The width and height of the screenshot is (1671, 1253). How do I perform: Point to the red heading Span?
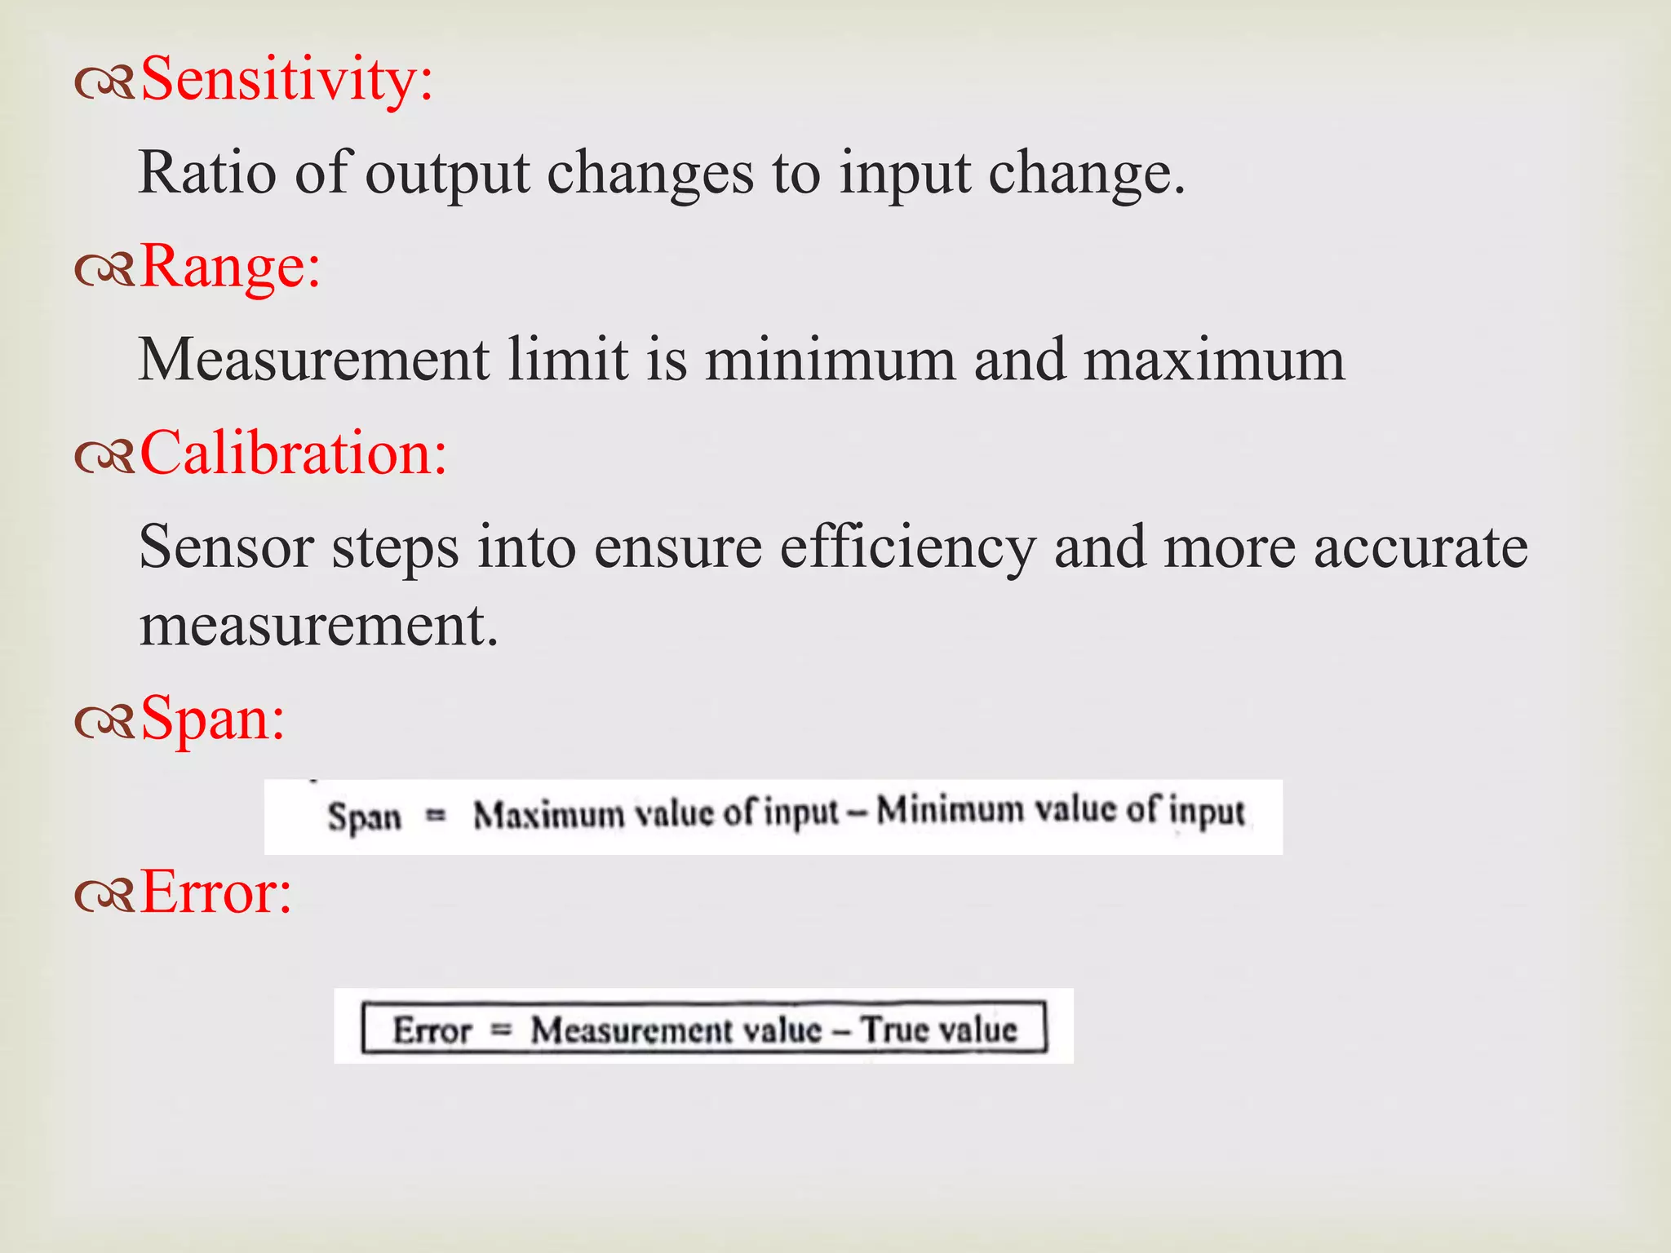pos(213,719)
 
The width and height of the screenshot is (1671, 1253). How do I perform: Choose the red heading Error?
pos(216,892)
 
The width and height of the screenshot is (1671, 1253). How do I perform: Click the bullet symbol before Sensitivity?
pos(104,85)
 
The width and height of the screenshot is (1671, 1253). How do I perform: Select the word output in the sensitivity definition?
pos(447,173)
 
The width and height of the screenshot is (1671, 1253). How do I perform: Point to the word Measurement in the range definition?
pos(314,360)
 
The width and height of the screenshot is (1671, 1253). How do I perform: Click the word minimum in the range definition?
pos(830,360)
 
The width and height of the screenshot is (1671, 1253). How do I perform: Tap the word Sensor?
pos(226,547)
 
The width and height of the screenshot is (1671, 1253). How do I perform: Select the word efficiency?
pos(907,547)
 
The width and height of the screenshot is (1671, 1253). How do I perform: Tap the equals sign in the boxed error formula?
pos(501,1030)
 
